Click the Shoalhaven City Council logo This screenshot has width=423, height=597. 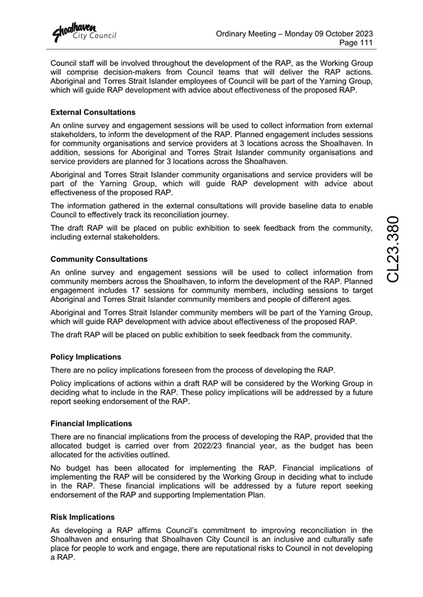tap(83, 32)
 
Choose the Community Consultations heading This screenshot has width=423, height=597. tap(99, 260)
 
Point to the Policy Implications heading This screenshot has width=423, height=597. tap(86, 357)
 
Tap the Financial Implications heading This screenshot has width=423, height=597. tap(92, 424)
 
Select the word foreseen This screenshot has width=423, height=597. tap(185, 370)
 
